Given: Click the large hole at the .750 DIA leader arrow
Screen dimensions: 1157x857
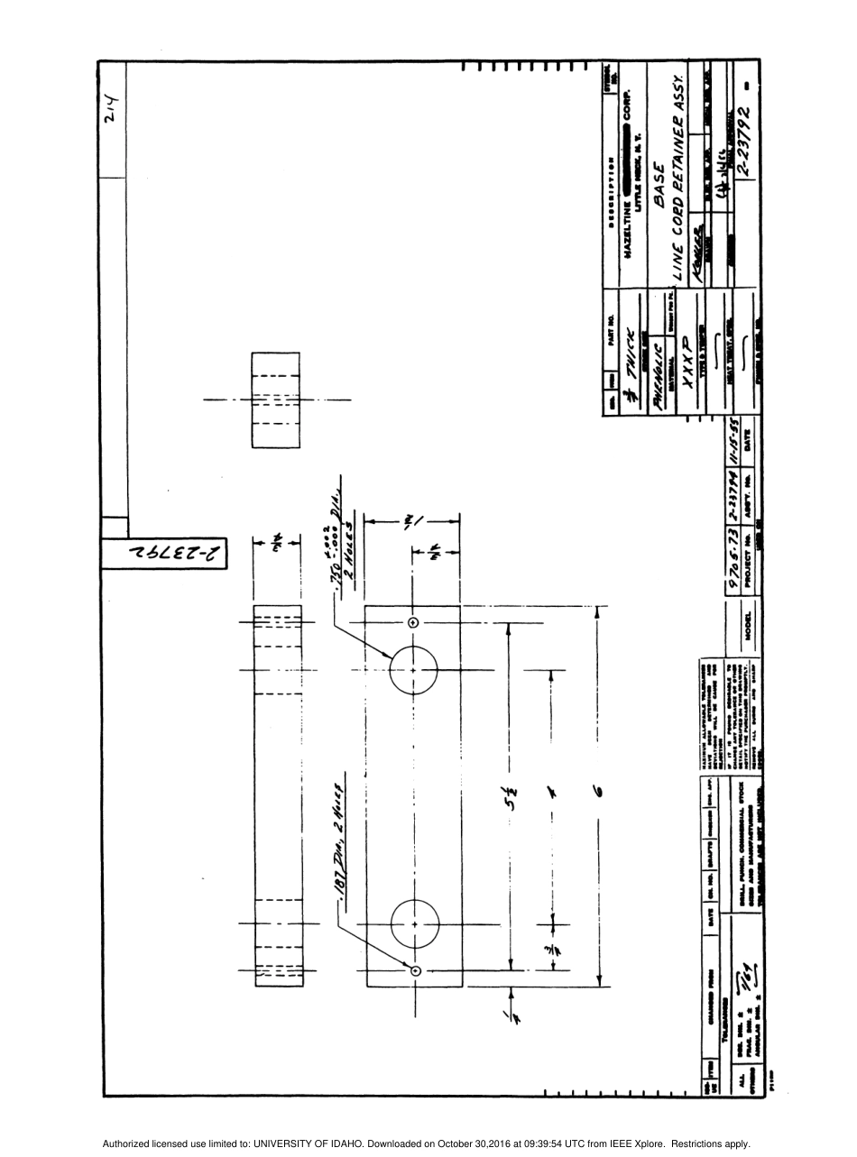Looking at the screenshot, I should click(414, 670).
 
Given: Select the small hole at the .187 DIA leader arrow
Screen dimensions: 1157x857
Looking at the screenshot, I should click(416, 970).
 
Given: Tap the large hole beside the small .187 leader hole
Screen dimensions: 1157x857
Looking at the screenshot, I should click(415, 924).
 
